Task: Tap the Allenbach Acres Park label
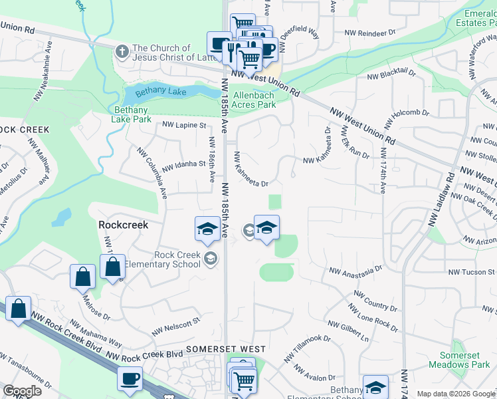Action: pos(254,100)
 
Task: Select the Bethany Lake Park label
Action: pos(133,114)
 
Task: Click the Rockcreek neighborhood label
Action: pos(123,225)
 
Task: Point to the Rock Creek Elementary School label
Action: pos(177,259)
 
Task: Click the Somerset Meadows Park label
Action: pos(464,360)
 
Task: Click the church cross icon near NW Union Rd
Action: pos(122,51)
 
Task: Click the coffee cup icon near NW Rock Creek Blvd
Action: pos(130,379)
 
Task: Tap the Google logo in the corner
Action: pos(22,391)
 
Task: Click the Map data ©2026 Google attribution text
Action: pos(456,394)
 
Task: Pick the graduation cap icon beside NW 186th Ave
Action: pos(207,229)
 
